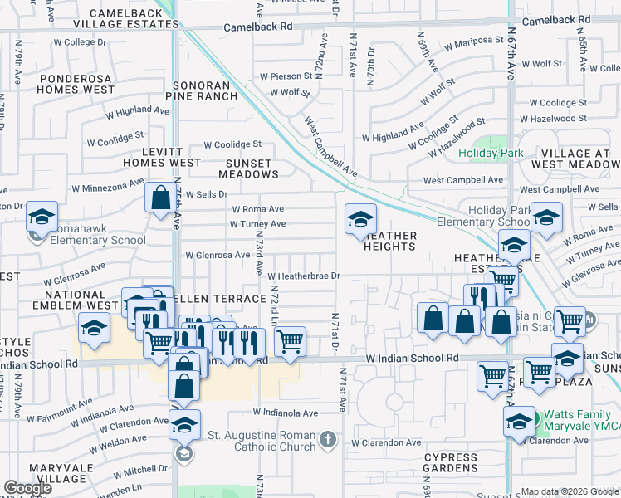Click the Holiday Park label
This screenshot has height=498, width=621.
coord(491,153)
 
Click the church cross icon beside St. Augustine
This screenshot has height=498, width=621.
coord(328,437)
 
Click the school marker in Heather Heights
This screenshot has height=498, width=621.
coord(360,219)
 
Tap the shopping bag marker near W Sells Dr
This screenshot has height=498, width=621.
coord(159,198)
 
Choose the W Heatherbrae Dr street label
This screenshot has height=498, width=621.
coord(304,276)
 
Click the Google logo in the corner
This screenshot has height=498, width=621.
coord(27,488)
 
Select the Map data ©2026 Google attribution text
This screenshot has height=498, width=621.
coord(570,491)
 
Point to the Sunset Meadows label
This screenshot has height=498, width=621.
coord(248,168)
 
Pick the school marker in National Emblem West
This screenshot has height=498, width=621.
coord(94,328)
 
